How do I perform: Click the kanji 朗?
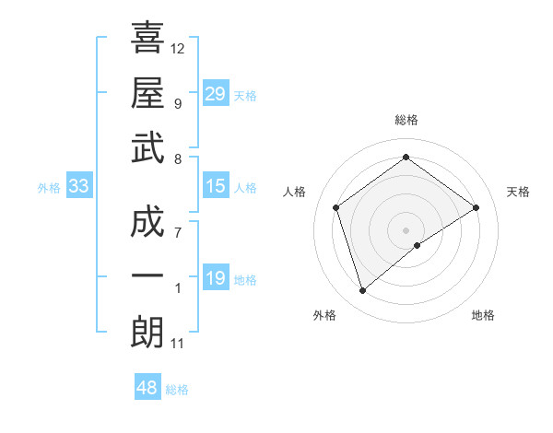click(147, 332)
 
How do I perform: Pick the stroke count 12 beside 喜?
click(177, 48)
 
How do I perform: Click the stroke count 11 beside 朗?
click(177, 344)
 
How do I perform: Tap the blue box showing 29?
click(215, 93)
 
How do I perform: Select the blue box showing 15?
click(215, 186)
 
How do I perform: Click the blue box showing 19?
click(215, 278)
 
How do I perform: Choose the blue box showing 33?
click(78, 186)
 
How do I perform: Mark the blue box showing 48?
click(147, 388)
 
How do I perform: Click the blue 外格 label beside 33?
click(49, 188)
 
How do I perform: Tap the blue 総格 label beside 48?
click(177, 390)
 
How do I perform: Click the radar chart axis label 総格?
click(406, 120)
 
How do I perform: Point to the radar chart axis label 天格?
click(518, 192)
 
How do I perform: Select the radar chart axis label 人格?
click(295, 192)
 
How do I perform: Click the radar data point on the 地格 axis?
click(418, 245)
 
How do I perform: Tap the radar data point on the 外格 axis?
click(363, 291)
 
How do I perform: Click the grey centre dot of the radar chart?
click(406, 228)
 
